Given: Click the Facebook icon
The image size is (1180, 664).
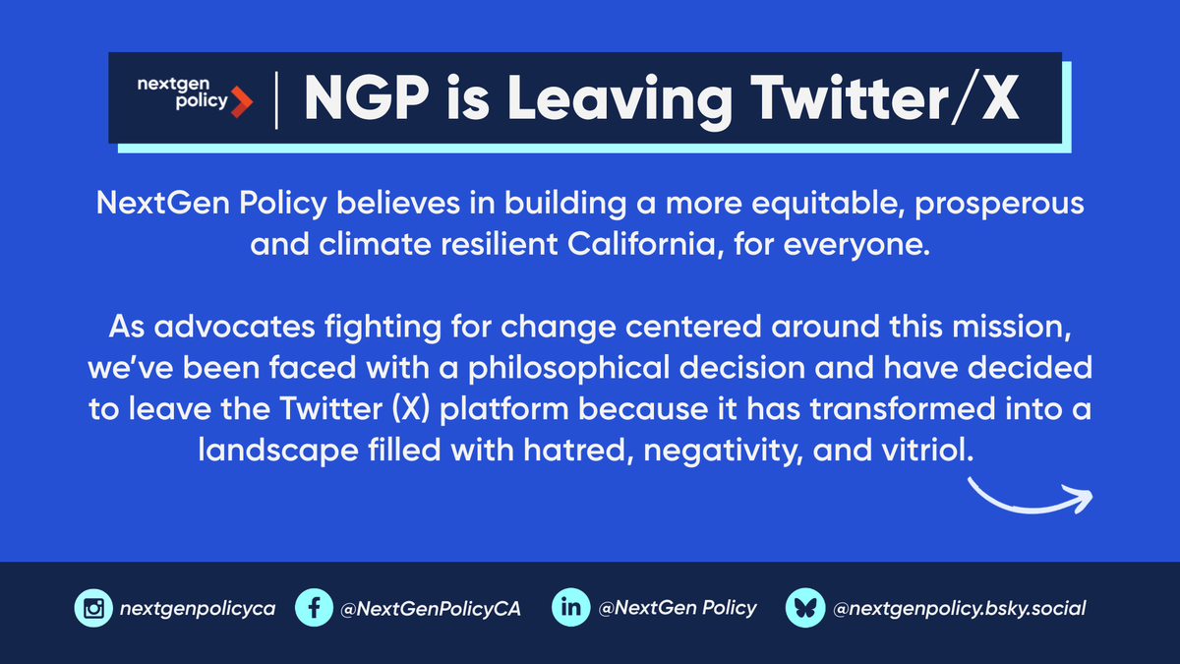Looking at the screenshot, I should click(x=314, y=608).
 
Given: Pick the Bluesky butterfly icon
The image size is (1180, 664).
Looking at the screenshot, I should click(x=803, y=608).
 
